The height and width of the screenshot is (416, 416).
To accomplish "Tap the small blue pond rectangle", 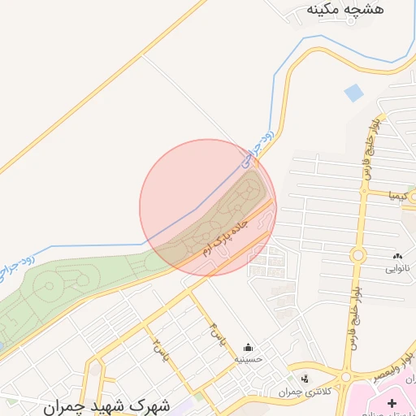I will [x=353, y=93].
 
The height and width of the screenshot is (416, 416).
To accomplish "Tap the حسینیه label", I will [x=247, y=358].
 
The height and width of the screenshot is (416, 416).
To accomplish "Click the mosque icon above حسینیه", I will [x=247, y=347].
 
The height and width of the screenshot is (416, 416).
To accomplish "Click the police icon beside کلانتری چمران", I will [x=305, y=379].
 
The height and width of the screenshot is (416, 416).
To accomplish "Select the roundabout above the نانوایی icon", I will [x=358, y=256].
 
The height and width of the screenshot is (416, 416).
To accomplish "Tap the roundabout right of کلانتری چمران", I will [x=347, y=377].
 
